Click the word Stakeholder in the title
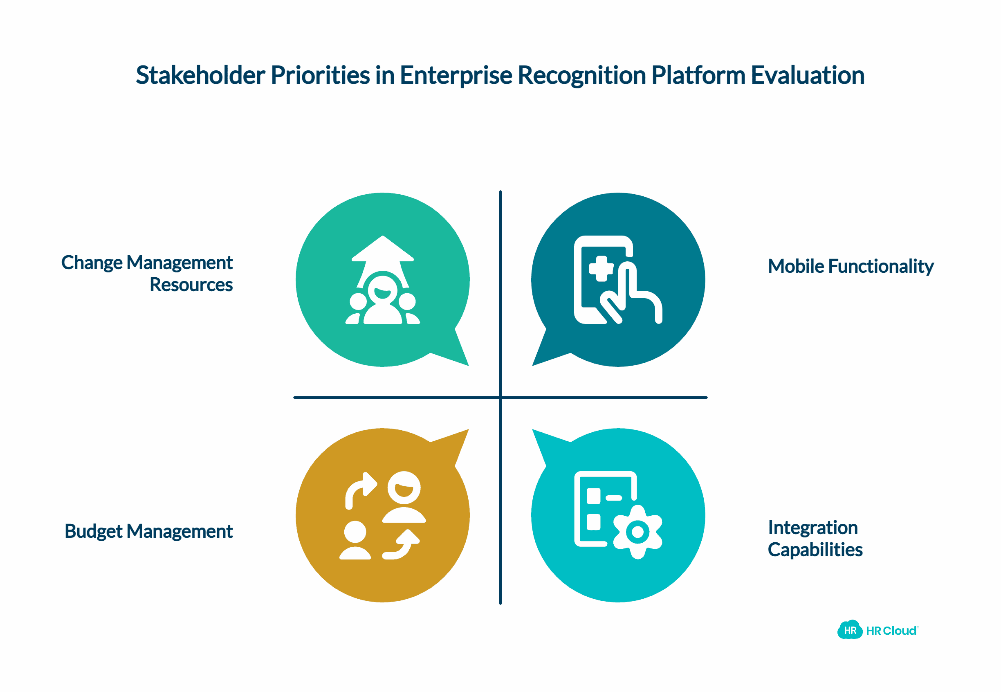tap(200, 75)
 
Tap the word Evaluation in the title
tap(808, 75)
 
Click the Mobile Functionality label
tap(851, 266)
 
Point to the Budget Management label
tap(149, 532)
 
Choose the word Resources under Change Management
tap(191, 285)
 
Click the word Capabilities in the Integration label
tap(815, 550)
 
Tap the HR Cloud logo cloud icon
tap(850, 629)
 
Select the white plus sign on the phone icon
tap(601, 269)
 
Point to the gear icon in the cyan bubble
tap(638, 532)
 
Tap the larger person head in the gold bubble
tap(404, 488)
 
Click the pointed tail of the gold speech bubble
tap(468, 430)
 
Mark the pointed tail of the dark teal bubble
tap(533, 365)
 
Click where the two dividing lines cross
tap(500, 397)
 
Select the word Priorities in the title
tap(320, 75)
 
